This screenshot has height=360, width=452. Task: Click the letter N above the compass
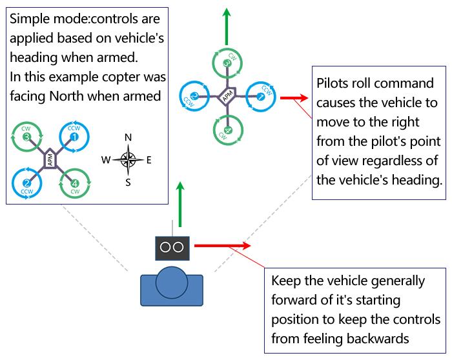pyautogui.click(x=128, y=137)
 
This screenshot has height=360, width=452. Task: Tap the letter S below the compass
pyautogui.click(x=128, y=182)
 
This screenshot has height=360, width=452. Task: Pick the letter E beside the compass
pyautogui.click(x=149, y=160)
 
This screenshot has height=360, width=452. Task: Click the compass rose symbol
pyautogui.click(x=128, y=159)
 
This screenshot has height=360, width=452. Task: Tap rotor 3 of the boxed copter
pyautogui.click(x=26, y=137)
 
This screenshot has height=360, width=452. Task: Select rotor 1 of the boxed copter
pyautogui.click(x=74, y=137)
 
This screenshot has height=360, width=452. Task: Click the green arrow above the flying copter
pyautogui.click(x=227, y=26)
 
